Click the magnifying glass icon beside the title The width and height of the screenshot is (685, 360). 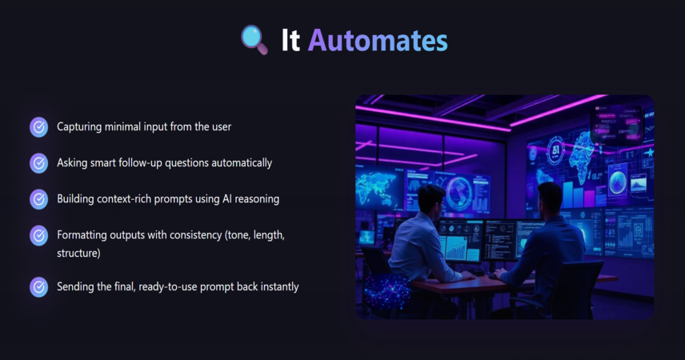(x=254, y=40)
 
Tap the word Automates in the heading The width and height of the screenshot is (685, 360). (x=378, y=41)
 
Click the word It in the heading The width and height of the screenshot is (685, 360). (x=290, y=41)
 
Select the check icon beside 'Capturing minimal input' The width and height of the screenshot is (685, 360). (x=39, y=127)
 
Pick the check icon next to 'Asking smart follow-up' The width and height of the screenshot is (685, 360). (x=39, y=163)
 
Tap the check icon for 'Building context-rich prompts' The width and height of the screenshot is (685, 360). (x=39, y=199)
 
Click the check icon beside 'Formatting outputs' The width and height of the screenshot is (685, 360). (x=39, y=235)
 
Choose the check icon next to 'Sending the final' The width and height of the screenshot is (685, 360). (x=39, y=287)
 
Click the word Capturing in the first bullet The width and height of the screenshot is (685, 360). (x=79, y=127)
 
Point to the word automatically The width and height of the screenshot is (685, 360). (x=242, y=163)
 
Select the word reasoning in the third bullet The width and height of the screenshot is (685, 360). (x=257, y=199)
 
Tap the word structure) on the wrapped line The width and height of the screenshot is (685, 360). (x=78, y=254)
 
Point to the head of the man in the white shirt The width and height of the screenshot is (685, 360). (x=431, y=199)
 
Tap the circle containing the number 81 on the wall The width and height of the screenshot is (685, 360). (x=555, y=150)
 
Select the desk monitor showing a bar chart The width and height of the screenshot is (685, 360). (x=459, y=242)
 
